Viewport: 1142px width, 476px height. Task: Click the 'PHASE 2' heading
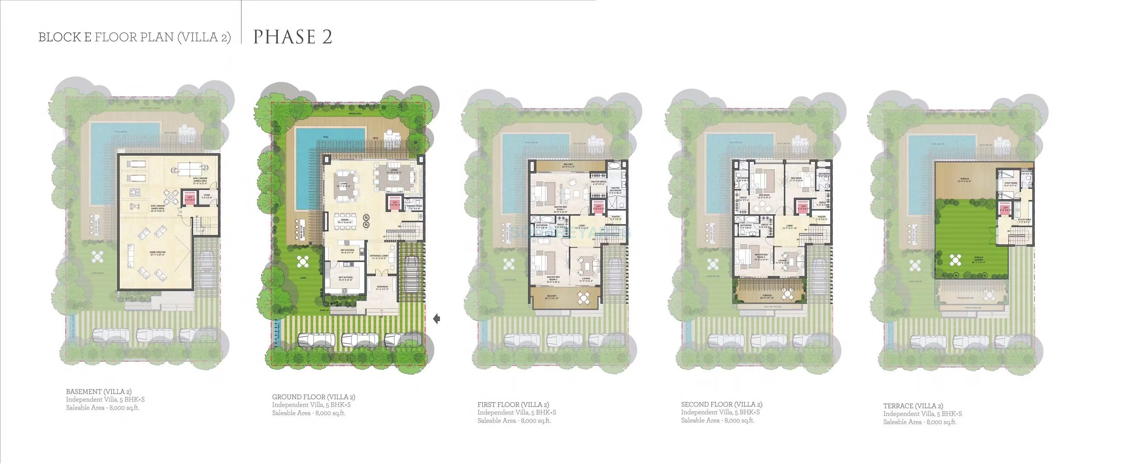tap(292, 37)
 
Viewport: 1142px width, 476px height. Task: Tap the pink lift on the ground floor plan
tap(395, 203)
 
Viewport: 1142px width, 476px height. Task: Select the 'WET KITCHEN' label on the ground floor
tap(345, 279)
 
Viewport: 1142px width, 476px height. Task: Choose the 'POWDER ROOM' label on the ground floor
tap(414, 207)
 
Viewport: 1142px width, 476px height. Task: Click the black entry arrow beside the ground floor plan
tap(437, 318)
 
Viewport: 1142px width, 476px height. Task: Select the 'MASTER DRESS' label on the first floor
tap(599, 182)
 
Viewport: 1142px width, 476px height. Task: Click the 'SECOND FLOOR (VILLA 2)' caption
tap(721, 404)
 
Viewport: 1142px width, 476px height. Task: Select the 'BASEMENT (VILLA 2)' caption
tap(98, 391)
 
